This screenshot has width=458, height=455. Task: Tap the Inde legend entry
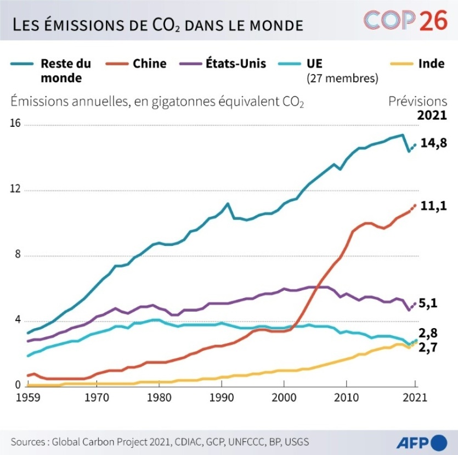(x=431, y=64)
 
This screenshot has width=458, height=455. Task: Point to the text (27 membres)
(x=342, y=78)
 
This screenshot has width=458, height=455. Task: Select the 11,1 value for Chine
(x=433, y=206)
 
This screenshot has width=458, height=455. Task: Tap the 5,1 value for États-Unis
(x=429, y=302)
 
